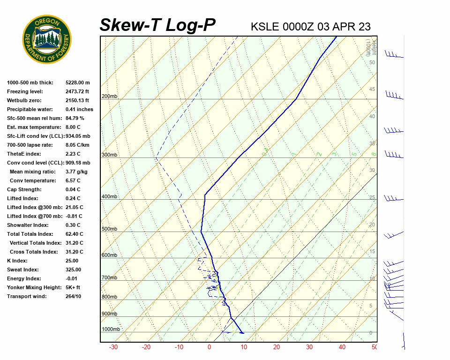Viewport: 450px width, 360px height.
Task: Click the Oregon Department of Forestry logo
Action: click(x=47, y=39)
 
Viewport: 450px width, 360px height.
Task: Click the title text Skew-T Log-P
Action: click(x=157, y=25)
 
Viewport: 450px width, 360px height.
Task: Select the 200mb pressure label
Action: click(x=109, y=97)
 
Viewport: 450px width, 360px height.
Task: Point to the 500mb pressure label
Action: click(x=109, y=229)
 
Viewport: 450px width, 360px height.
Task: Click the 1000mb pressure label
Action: click(x=111, y=330)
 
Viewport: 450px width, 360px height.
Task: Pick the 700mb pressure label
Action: click(x=109, y=278)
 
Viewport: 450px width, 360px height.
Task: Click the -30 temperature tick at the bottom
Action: click(x=113, y=347)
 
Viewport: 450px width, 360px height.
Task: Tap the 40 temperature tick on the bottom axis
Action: click(x=342, y=347)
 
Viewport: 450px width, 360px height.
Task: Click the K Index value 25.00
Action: click(x=72, y=261)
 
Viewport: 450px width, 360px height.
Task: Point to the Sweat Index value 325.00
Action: click(x=73, y=270)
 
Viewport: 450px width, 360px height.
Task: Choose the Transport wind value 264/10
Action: click(x=73, y=297)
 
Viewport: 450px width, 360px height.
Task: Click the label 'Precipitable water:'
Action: click(x=31, y=110)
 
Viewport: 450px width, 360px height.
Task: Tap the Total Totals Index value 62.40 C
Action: click(x=74, y=234)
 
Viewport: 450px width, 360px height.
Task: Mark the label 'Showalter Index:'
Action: click(x=28, y=225)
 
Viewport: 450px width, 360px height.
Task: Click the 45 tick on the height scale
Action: click(x=372, y=90)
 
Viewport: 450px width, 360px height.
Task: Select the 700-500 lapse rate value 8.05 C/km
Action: click(x=77, y=145)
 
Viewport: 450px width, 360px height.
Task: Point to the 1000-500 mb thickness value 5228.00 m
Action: click(x=77, y=83)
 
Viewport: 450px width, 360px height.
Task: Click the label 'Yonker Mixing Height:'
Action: click(x=34, y=288)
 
